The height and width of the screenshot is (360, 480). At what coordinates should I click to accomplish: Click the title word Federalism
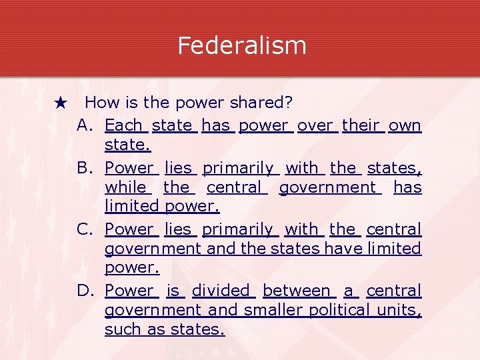[x=242, y=45]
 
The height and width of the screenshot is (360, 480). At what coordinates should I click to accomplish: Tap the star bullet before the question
[x=61, y=103]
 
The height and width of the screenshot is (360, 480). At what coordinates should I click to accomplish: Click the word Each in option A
[x=123, y=125]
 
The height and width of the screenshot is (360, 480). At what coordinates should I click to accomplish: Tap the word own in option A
[x=405, y=125]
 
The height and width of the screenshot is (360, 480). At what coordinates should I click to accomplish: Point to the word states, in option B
[x=394, y=167]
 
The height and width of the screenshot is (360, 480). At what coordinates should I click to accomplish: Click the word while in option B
[x=125, y=187]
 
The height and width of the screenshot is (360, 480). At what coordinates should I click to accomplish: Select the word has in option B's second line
[x=407, y=187]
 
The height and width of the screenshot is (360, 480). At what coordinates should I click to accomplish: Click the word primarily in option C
[x=238, y=229]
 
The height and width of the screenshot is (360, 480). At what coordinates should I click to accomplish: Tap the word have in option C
[x=340, y=249]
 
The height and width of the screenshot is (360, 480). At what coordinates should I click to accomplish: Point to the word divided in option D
[x=220, y=291]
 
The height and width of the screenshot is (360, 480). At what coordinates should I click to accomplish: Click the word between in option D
[x=297, y=291]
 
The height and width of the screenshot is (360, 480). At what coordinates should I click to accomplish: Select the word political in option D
[x=339, y=310]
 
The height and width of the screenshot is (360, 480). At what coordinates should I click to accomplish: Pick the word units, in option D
[x=399, y=310]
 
